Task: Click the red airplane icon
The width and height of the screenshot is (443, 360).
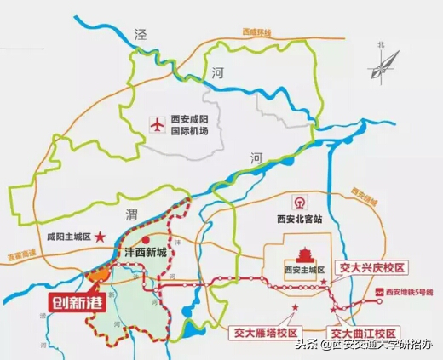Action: pos(156,125)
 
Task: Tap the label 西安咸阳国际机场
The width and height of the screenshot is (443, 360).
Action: pos(193,126)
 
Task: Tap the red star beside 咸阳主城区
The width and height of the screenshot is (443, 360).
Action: pos(101,236)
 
